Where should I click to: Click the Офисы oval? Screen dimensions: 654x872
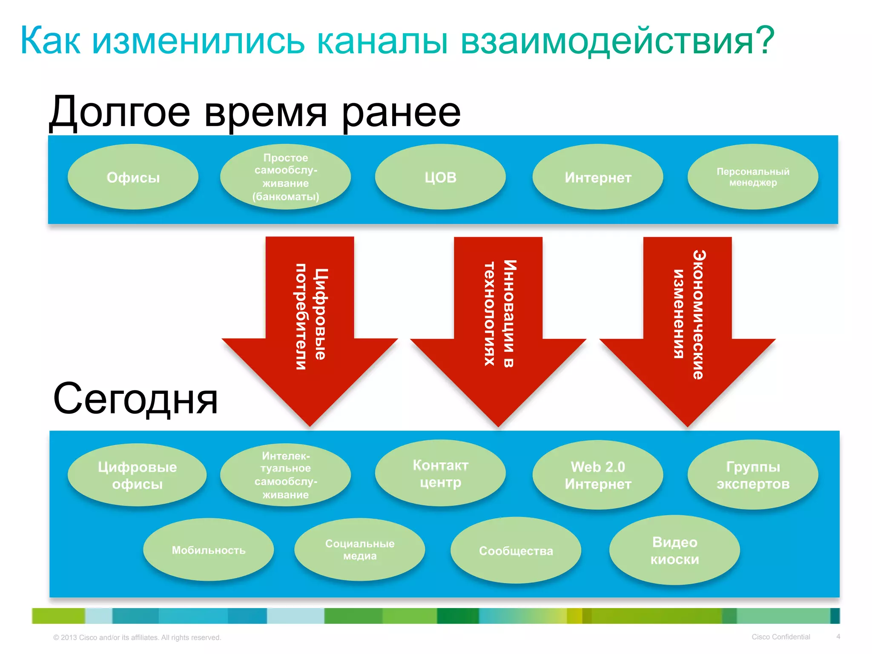point(133,177)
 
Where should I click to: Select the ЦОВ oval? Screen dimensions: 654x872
point(440,177)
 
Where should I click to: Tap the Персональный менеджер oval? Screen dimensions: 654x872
point(753,177)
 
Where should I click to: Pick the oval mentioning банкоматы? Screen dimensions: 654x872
point(285,177)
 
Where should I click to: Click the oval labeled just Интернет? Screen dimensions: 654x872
point(598,177)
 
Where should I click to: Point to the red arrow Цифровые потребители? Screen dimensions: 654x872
point(310,324)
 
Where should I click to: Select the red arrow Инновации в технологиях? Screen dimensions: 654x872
point(498,324)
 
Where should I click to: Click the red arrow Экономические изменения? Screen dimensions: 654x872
point(687,324)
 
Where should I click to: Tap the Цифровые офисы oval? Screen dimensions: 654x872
point(137,475)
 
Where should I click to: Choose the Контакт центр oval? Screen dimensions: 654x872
point(440,473)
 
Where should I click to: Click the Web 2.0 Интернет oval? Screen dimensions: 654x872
point(598,475)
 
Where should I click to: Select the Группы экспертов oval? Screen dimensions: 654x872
point(753,475)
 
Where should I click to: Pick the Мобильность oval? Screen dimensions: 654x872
point(208,550)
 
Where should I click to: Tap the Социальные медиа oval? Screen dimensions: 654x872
point(360,550)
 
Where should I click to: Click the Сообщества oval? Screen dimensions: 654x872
point(516,551)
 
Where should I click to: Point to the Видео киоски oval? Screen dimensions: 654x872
point(674,551)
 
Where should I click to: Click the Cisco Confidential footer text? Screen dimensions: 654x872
point(780,637)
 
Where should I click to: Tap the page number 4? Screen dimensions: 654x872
point(838,637)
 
